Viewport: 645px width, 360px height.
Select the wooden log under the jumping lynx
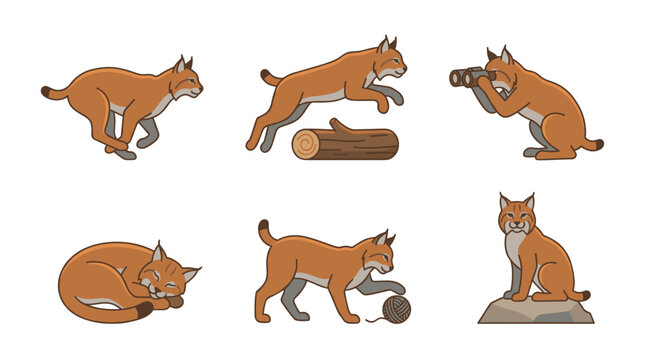pos(346,143)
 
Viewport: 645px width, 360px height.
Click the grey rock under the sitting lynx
pos(534,312)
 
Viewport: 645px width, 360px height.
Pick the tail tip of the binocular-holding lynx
pos(597,145)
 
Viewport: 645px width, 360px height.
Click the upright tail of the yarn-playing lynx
pos(265,233)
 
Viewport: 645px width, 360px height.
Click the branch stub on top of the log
pos(338,126)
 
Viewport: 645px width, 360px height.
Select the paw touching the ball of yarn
pos(399,289)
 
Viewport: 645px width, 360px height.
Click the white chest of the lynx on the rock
pos(515,250)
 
